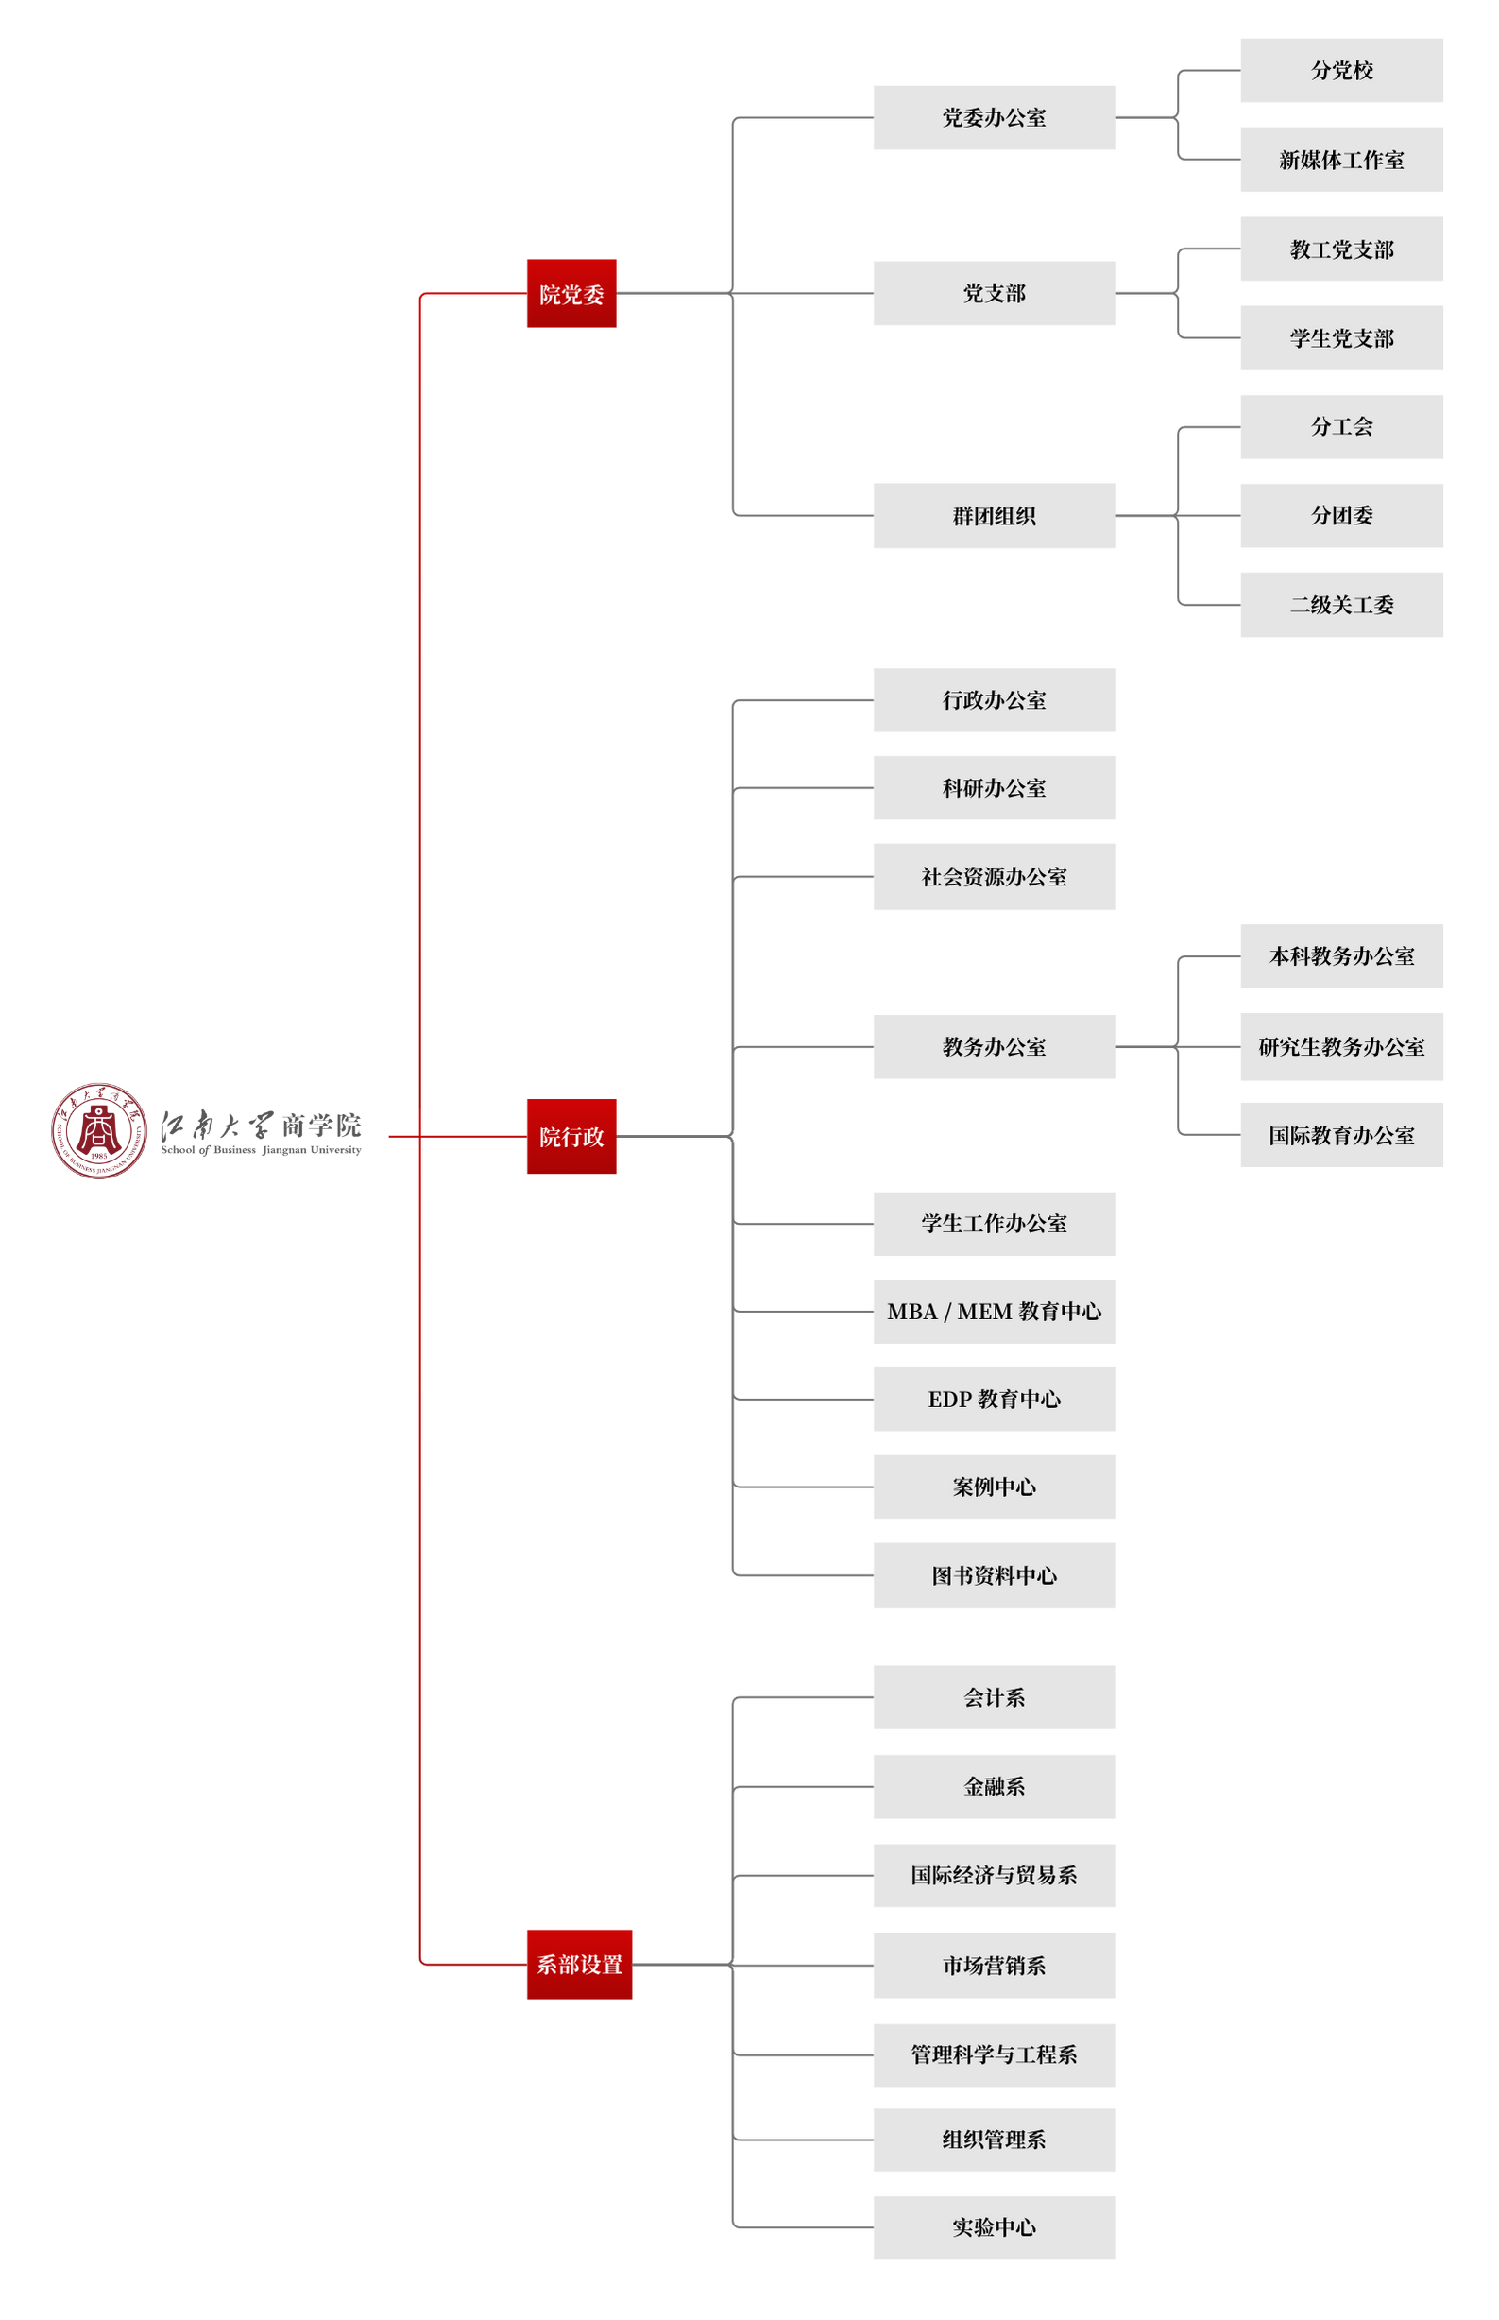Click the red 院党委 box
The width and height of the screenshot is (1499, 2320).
coord(571,293)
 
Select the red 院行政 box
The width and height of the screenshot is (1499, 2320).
coord(571,1136)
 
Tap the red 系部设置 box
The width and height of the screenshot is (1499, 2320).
coord(579,1964)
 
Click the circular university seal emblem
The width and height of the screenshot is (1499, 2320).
coord(98,1130)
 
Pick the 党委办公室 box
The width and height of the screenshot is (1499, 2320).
coord(994,118)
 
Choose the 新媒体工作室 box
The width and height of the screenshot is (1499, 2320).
coord(1341,160)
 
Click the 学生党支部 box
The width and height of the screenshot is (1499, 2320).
coord(1341,337)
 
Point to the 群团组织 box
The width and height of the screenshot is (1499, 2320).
coord(994,516)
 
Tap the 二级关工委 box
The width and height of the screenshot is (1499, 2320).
coord(1341,605)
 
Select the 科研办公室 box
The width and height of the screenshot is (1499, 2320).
coord(994,787)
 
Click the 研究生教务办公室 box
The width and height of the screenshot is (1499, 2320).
coord(1341,1046)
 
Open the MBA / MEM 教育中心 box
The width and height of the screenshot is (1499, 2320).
coord(994,1312)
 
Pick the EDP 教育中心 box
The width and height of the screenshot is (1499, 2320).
coord(994,1399)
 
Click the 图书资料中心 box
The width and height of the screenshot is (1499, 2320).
coord(994,1575)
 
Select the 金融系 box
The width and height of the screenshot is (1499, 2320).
coord(994,1786)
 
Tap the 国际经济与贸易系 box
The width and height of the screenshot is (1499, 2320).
coord(994,1875)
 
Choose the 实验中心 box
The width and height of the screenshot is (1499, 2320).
coord(994,2227)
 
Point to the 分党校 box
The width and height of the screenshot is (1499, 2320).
coord(1341,70)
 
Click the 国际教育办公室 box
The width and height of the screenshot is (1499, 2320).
coord(1341,1135)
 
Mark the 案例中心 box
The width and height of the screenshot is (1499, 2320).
coord(994,1487)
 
